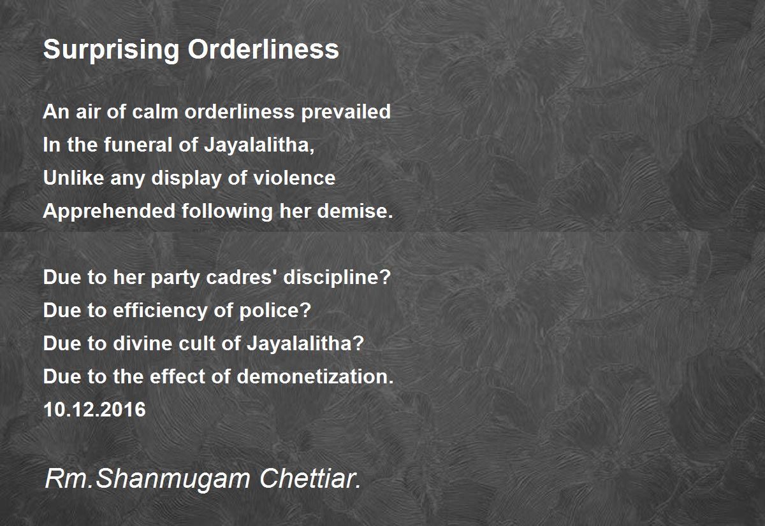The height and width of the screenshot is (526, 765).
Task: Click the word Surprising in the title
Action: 111,50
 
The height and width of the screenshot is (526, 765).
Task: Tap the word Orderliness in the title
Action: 263,49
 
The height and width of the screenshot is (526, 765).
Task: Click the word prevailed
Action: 346,113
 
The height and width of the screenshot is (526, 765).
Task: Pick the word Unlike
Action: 73,178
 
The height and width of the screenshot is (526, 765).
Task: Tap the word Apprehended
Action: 109,212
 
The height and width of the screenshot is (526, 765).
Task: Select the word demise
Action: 355,211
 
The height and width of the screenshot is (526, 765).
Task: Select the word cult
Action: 197,343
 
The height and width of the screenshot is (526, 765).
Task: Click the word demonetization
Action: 315,376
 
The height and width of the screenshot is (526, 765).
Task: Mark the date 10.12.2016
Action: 94,409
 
